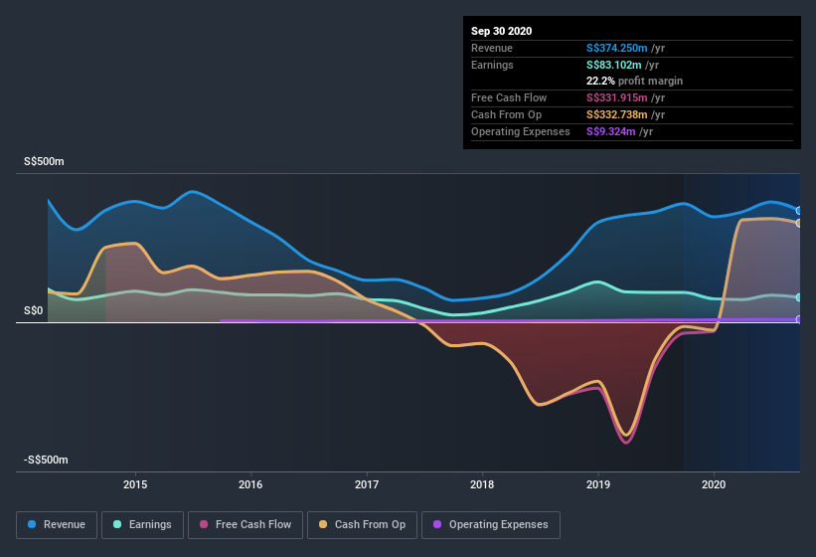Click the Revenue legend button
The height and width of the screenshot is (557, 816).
click(58, 524)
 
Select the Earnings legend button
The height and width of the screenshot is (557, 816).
click(142, 524)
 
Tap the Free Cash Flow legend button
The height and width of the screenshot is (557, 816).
click(245, 524)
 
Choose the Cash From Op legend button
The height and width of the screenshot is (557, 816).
click(362, 524)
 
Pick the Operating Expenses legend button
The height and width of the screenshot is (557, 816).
click(491, 524)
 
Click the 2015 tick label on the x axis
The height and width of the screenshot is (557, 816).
click(135, 485)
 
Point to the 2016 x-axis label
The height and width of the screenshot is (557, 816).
click(250, 485)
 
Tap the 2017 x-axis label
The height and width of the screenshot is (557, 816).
click(367, 485)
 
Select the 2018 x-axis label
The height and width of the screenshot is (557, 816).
click(482, 485)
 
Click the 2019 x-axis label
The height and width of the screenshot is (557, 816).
click(598, 485)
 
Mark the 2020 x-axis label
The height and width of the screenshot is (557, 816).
click(714, 485)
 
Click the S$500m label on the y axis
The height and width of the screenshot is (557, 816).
click(44, 161)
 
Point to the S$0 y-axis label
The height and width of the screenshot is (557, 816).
click(35, 310)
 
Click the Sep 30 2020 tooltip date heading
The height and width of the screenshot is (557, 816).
click(502, 31)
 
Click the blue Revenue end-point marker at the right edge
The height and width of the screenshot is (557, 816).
click(799, 211)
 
